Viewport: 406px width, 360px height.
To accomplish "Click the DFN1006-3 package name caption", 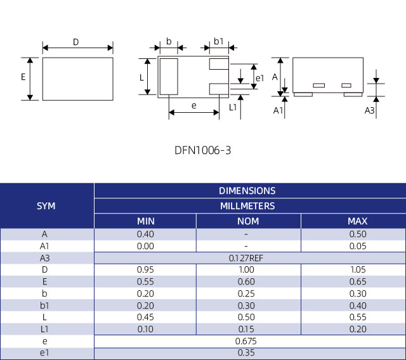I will point(203,151).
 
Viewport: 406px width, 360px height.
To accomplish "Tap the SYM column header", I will point(46,206).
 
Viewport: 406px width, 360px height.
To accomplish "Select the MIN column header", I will point(146,221).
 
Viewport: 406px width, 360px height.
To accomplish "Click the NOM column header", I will point(247,221).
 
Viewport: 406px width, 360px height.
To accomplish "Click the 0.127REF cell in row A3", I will point(247,258).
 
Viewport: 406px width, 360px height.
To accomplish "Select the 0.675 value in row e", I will point(247,341).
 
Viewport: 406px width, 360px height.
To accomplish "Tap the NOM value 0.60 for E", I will point(247,281).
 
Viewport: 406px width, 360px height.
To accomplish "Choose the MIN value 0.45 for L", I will point(146,317).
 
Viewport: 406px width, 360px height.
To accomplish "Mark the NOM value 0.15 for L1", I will point(247,329).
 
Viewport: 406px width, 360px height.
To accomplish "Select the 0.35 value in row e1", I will point(247,353).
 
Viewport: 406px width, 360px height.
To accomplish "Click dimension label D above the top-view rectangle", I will point(76,42).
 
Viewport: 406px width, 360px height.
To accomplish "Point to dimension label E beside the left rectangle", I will point(23,77).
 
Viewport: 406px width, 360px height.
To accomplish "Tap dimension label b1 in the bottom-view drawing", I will point(218,42).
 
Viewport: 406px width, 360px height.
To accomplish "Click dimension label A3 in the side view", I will point(369,111).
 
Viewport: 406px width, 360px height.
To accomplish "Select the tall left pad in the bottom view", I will point(169,77).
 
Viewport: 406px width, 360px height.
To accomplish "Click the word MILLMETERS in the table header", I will point(247,206).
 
